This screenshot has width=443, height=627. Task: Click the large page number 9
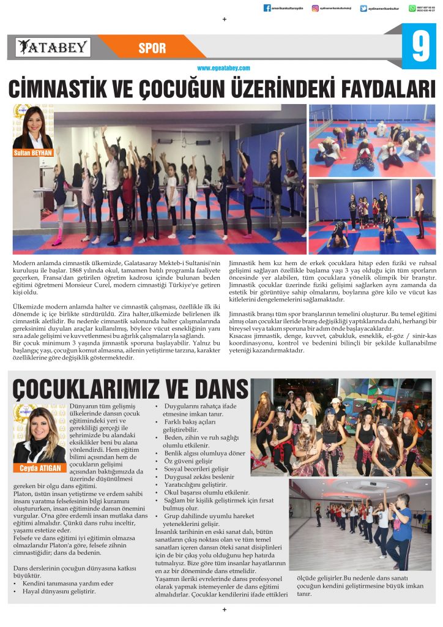(x=419, y=48)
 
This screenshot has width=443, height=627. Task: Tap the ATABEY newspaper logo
(x=53, y=47)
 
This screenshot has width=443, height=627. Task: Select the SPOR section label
(x=152, y=48)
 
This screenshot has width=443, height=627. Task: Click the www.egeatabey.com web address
(x=223, y=69)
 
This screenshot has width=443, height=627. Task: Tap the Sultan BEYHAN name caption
(x=32, y=152)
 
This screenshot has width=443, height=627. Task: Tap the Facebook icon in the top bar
(x=267, y=8)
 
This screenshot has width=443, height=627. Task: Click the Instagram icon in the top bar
(x=316, y=8)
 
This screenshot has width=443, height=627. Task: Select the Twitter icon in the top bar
(x=363, y=8)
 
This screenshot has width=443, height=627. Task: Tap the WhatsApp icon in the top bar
(x=412, y=8)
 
